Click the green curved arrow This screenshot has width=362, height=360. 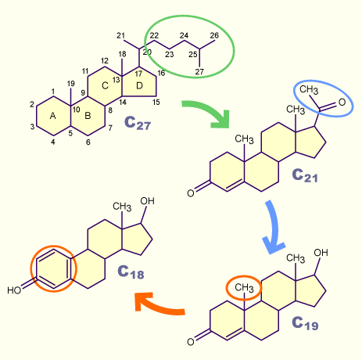209,110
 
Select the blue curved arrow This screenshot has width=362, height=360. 276,227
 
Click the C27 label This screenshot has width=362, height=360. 138,122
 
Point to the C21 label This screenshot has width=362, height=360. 305,175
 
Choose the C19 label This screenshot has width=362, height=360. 305,323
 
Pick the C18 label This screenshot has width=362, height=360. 131,272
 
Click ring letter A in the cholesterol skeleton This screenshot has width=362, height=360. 52,116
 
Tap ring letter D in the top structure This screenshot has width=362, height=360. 139,85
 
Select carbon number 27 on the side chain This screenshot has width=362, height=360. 199,72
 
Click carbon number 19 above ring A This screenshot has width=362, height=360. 71,84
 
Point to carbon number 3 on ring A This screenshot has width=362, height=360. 32,127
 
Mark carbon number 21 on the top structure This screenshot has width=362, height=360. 120,35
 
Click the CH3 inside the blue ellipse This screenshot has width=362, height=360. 309,89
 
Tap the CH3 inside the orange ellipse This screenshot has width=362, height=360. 244,287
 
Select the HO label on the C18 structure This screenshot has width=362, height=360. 14,290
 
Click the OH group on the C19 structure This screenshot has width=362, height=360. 321,253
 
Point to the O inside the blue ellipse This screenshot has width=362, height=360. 342,103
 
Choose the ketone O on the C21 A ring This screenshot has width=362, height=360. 191,193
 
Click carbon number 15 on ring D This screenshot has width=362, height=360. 156,102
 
